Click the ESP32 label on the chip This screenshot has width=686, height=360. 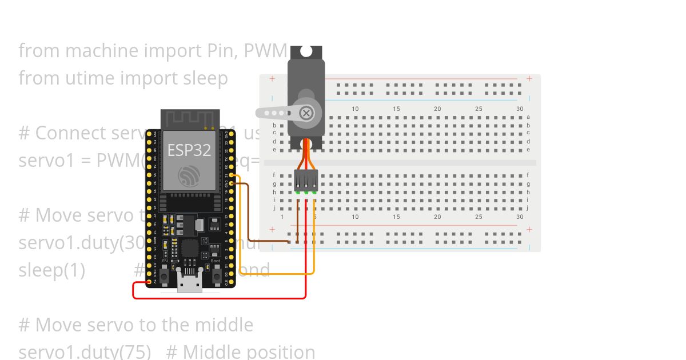[189, 150]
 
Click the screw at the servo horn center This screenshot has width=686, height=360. [306, 113]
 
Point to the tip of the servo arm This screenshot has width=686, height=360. [260, 113]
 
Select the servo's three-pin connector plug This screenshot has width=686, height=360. [306, 181]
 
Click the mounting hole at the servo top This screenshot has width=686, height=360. [306, 51]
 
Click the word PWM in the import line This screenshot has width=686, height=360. [265, 51]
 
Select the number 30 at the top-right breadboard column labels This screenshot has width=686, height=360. [520, 109]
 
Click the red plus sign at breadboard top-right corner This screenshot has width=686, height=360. [529, 79]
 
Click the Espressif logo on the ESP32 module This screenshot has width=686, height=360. [189, 176]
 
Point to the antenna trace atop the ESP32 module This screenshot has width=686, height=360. [190, 119]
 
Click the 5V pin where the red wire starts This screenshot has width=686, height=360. [150, 282]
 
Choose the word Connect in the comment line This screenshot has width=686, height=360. [70, 133]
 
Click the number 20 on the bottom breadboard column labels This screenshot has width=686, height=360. [437, 217]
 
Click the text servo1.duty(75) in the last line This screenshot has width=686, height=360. [85, 351]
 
